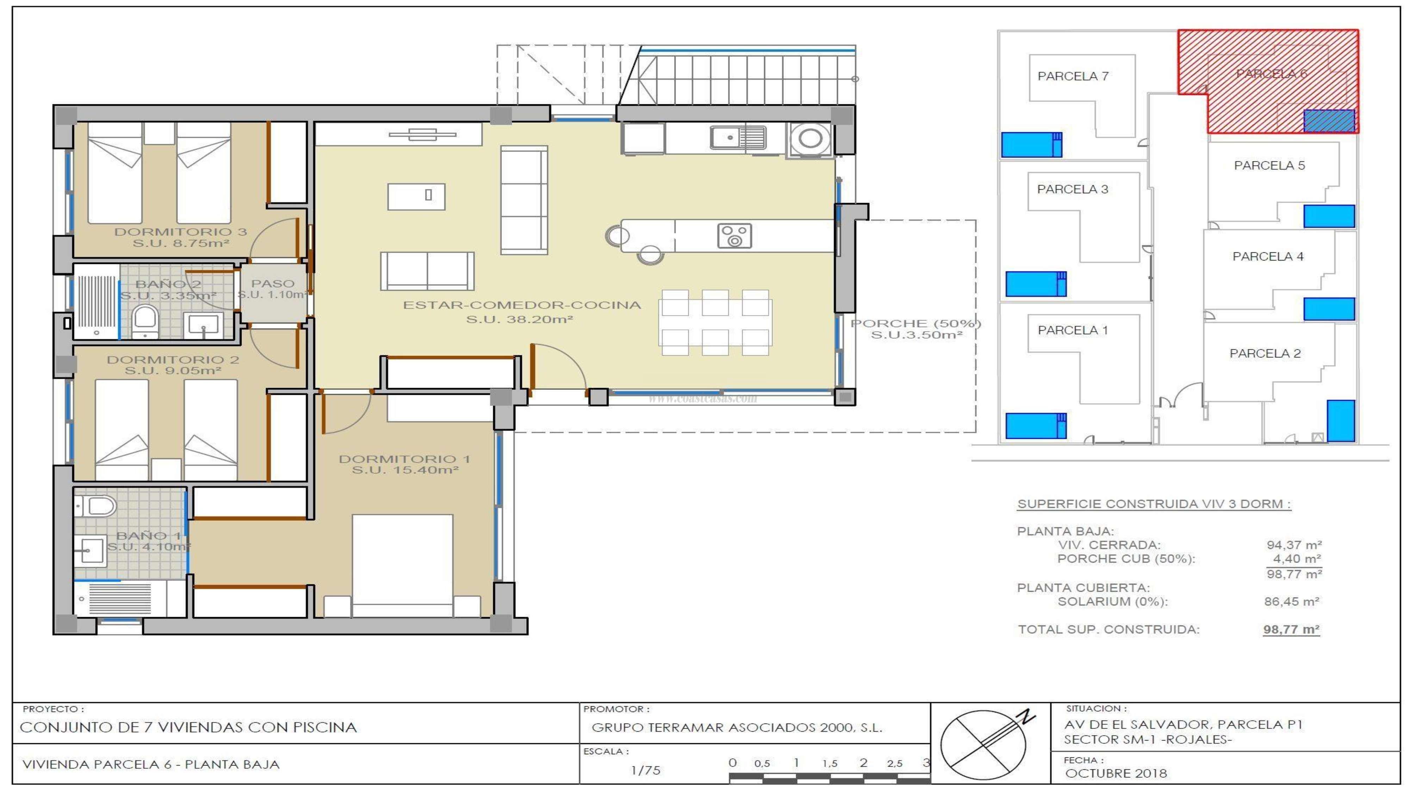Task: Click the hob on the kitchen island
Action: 734,236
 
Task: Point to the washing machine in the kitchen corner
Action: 810,139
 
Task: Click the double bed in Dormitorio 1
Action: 403,564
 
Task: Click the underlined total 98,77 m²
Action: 1291,629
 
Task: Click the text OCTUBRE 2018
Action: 1116,773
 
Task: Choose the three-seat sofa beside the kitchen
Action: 524,200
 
